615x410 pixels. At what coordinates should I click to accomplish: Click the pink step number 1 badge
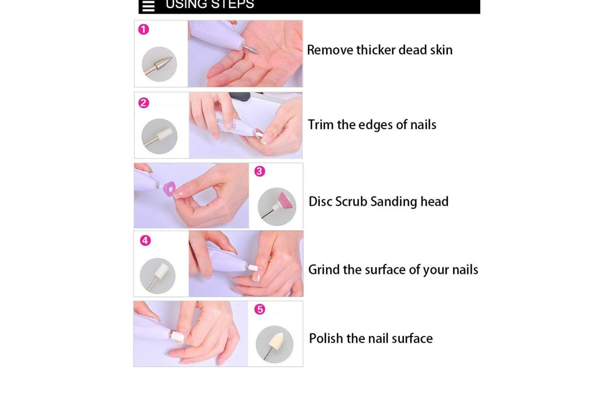(143, 29)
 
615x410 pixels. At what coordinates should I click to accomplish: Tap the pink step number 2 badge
(143, 103)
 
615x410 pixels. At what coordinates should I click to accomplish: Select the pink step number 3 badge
(259, 171)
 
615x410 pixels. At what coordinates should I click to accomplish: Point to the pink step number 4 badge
(145, 240)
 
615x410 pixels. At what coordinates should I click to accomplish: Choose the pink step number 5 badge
(259, 310)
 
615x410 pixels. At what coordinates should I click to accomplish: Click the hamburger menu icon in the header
(148, 6)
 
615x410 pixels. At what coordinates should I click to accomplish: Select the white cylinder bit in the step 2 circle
(165, 135)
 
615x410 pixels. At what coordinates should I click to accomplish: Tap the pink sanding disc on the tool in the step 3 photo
(170, 189)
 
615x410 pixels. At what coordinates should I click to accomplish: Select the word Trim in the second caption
(321, 125)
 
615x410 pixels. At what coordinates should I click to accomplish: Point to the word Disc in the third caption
(320, 201)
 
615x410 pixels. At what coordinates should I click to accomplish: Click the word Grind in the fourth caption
(324, 270)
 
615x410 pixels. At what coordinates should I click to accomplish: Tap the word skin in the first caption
(441, 50)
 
